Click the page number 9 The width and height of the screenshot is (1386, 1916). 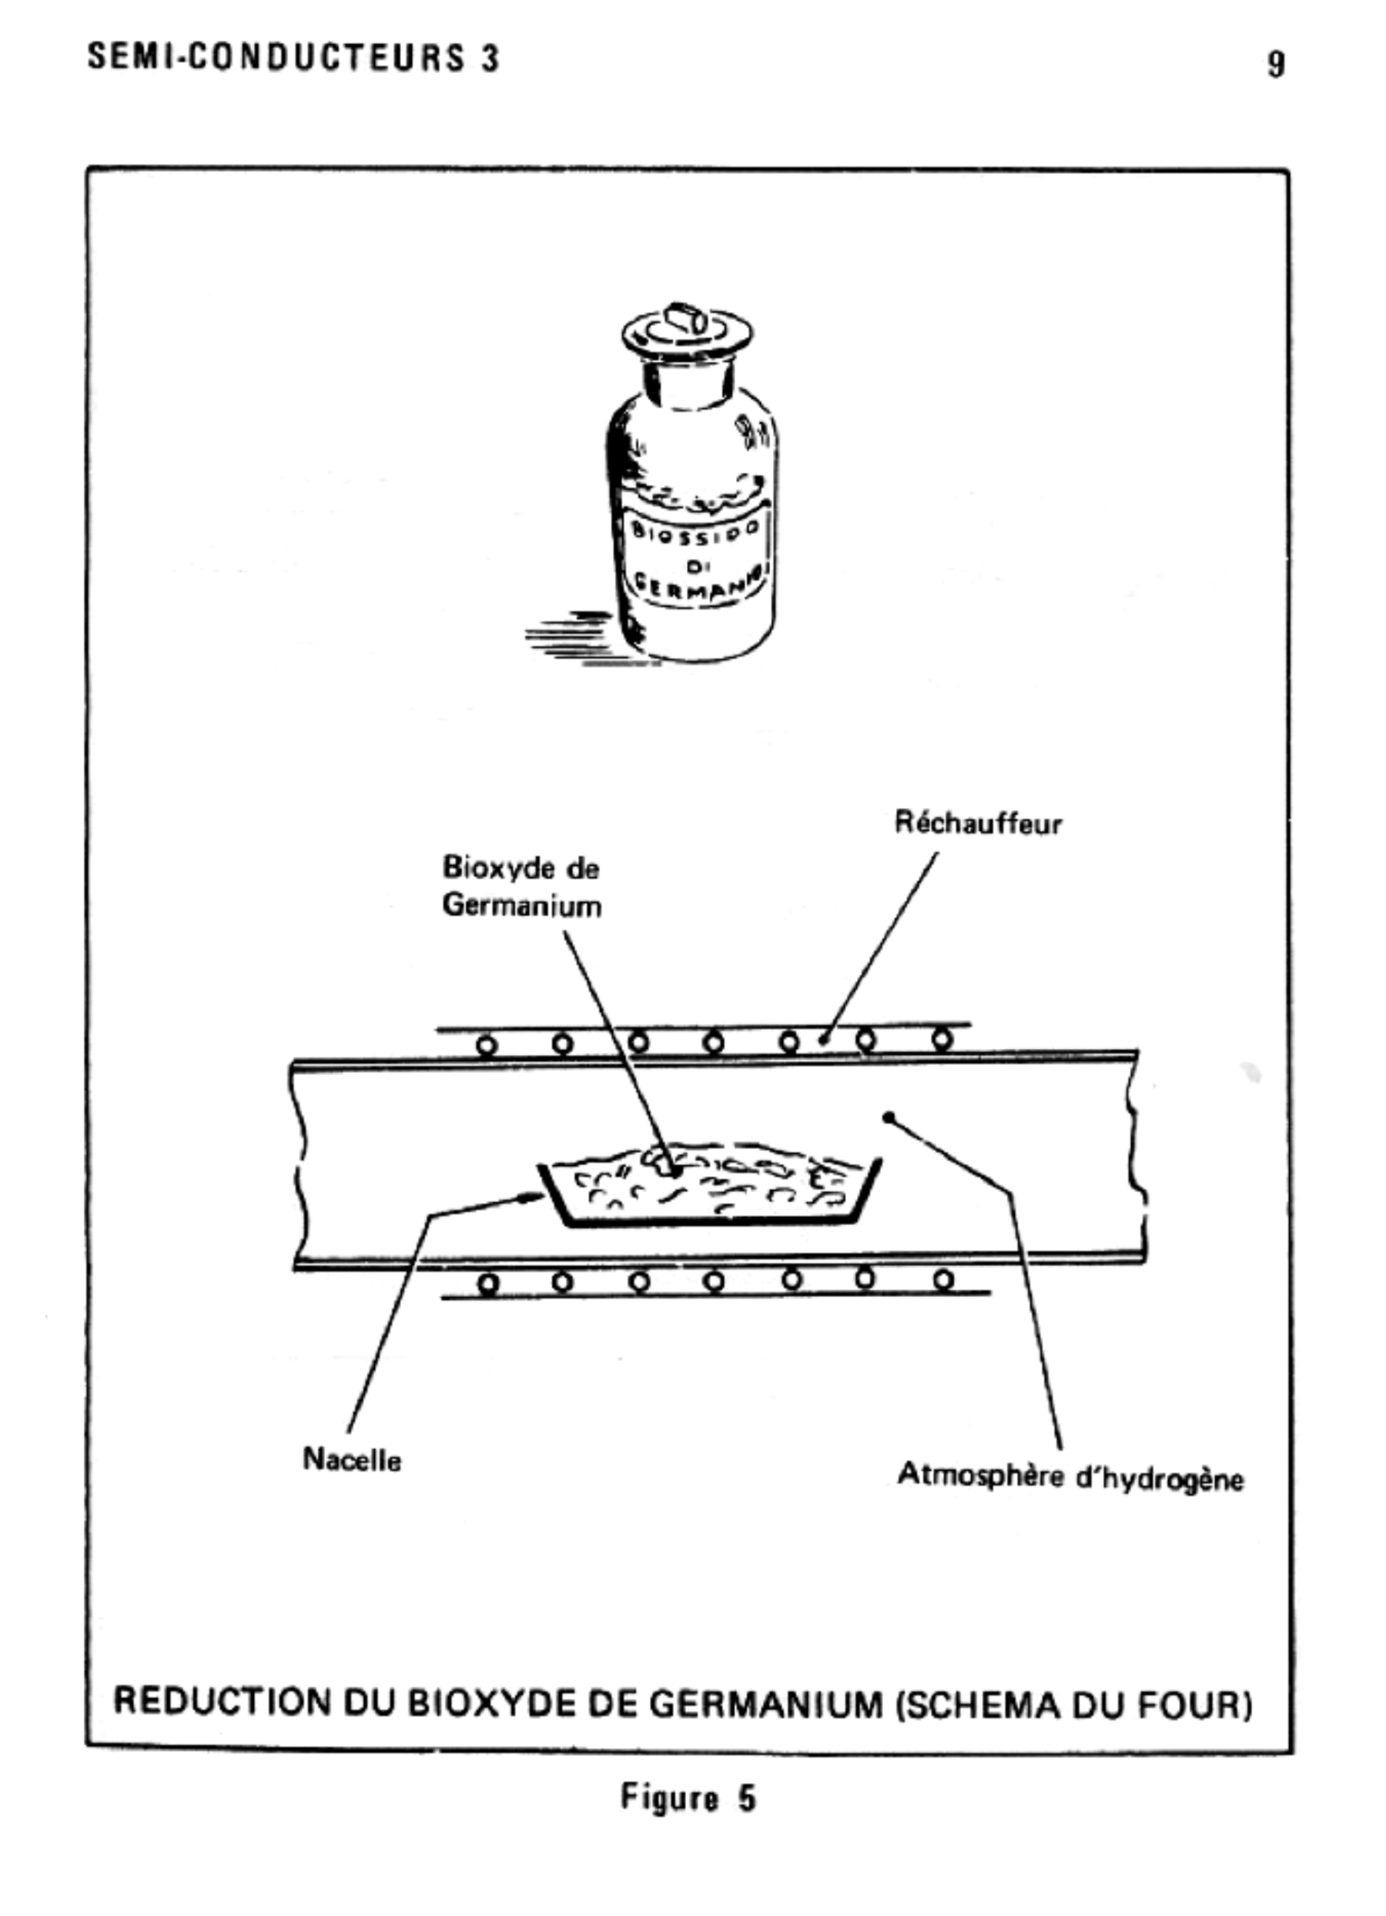click(1276, 65)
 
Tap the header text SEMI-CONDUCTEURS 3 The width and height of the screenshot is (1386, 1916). click(294, 58)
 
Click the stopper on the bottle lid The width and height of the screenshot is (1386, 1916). click(688, 320)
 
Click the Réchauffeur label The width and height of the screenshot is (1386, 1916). click(978, 822)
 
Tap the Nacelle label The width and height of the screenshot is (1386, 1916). click(351, 1459)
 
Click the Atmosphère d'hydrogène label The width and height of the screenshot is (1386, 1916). click(1070, 1477)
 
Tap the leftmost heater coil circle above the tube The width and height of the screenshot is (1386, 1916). click(486, 1046)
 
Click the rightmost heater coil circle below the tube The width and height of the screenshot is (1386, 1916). click(944, 1281)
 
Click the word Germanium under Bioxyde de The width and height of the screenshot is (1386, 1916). click(522, 906)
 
